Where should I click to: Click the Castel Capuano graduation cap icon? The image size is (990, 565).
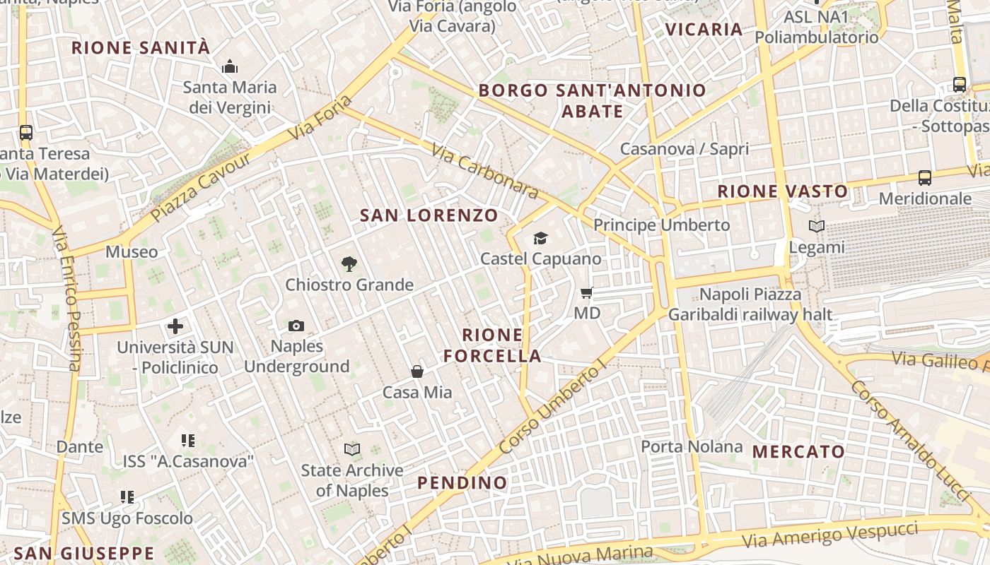[541, 239]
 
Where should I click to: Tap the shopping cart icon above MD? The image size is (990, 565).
[586, 292]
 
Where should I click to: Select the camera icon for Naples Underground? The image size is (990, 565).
[296, 326]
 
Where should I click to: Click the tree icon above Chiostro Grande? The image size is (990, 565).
[349, 265]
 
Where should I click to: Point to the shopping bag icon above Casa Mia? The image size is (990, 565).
[417, 371]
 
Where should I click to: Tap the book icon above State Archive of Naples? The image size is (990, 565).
[351, 449]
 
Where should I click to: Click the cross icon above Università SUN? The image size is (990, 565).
[175, 326]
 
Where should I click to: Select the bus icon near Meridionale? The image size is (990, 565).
[925, 178]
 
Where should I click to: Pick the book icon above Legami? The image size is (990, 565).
[817, 227]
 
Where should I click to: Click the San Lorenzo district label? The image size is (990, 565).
[429, 215]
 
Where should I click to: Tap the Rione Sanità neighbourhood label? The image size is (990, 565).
[141, 48]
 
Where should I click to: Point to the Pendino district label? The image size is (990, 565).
[462, 483]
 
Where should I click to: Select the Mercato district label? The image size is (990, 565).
[798, 452]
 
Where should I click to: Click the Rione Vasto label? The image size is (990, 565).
[783, 191]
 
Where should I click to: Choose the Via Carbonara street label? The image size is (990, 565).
[484, 172]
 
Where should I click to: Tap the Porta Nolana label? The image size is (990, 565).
[692, 446]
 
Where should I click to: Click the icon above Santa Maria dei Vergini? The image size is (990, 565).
[229, 67]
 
